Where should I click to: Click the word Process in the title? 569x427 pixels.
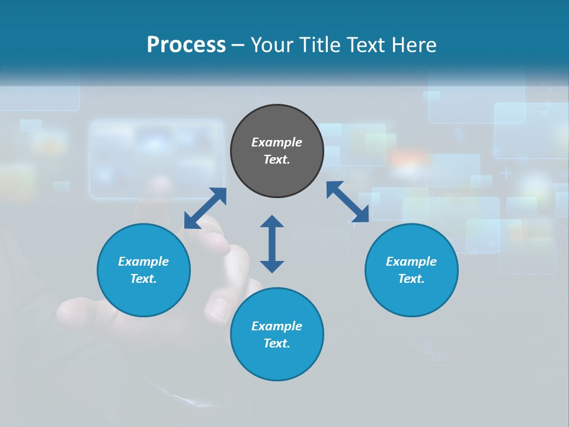click(x=186, y=45)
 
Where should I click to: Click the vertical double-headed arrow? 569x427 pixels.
click(x=272, y=244)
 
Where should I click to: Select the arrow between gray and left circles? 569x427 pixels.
click(x=205, y=208)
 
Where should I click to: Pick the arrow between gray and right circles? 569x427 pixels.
click(x=348, y=202)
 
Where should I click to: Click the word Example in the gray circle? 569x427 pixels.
click(x=277, y=142)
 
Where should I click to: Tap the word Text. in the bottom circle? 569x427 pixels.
click(x=277, y=343)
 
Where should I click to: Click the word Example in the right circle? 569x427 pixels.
click(x=411, y=262)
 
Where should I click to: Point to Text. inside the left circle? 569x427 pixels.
click(x=143, y=279)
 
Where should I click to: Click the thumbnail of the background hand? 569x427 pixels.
click(x=218, y=308)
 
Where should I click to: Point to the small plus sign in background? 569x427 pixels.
click(x=506, y=173)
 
